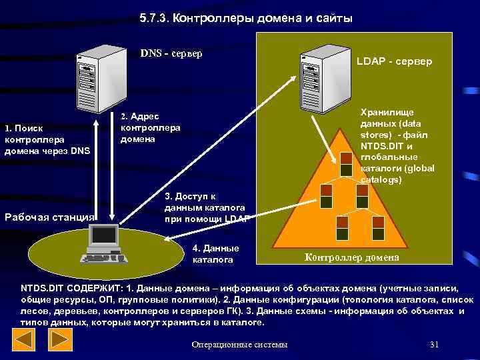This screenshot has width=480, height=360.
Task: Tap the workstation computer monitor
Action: pyautogui.click(x=104, y=235)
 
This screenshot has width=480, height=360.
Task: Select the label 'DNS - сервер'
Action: pyautogui.click(x=171, y=53)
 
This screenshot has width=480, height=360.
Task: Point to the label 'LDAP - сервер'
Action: pyautogui.click(x=394, y=61)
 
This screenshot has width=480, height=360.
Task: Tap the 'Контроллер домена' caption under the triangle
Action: pyautogui.click(x=352, y=257)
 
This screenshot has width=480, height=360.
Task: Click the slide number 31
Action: pyautogui.click(x=434, y=344)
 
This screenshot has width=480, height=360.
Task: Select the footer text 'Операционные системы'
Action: pyautogui.click(x=239, y=344)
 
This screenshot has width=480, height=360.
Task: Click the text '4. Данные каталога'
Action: pyautogui.click(x=215, y=253)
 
